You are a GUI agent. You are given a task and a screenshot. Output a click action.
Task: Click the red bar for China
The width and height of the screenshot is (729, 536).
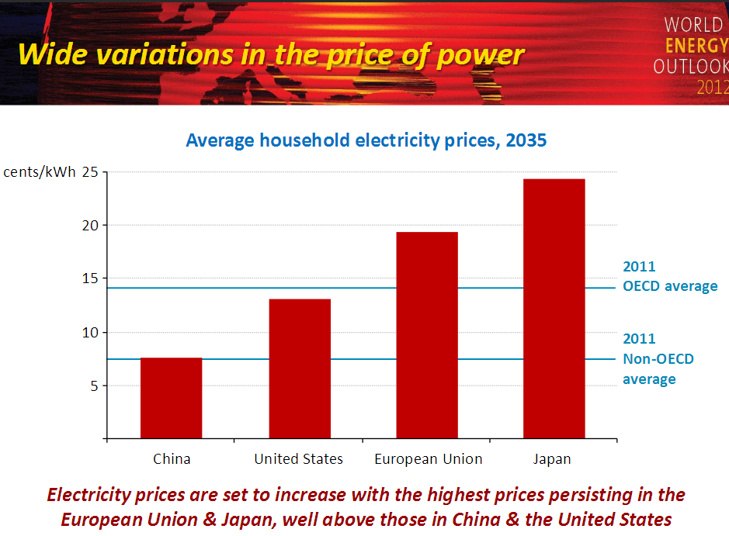click(x=171, y=398)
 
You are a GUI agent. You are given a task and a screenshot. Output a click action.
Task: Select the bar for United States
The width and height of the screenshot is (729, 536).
click(x=299, y=368)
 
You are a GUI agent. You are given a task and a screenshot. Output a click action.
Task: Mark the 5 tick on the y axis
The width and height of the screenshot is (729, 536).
click(x=94, y=386)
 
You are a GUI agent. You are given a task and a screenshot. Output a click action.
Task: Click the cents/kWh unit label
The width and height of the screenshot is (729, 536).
click(x=40, y=171)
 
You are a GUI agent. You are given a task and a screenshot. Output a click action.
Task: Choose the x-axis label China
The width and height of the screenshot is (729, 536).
click(x=172, y=459)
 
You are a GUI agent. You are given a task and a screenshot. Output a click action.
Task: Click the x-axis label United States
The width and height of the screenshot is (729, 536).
click(x=299, y=459)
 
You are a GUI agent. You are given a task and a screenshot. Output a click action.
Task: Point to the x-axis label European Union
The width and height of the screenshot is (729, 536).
click(x=429, y=459)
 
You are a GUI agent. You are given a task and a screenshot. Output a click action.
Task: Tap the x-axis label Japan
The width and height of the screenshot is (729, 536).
click(x=552, y=459)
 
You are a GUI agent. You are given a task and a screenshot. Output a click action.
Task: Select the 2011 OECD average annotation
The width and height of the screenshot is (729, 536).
click(x=669, y=277)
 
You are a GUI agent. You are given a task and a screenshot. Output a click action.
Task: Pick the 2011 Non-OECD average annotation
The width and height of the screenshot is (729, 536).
click(x=658, y=359)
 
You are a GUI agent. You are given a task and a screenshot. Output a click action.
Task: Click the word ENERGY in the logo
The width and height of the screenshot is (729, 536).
click(x=696, y=46)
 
